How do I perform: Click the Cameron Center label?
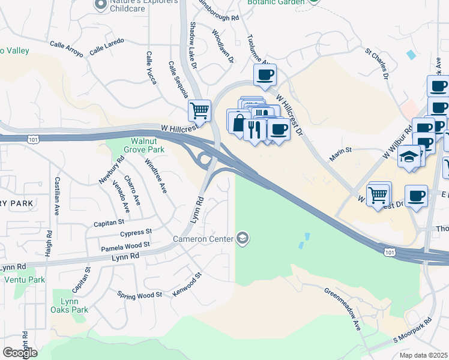pos(203,239)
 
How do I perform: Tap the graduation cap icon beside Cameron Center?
pos(242,239)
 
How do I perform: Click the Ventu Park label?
pos(25,280)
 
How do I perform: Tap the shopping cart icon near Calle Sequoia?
pos(199,110)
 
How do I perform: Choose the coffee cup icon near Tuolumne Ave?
pos(265,75)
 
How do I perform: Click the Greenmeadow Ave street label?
pos(343,308)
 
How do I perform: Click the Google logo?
pos(19,352)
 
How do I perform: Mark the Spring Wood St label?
pos(139,295)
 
